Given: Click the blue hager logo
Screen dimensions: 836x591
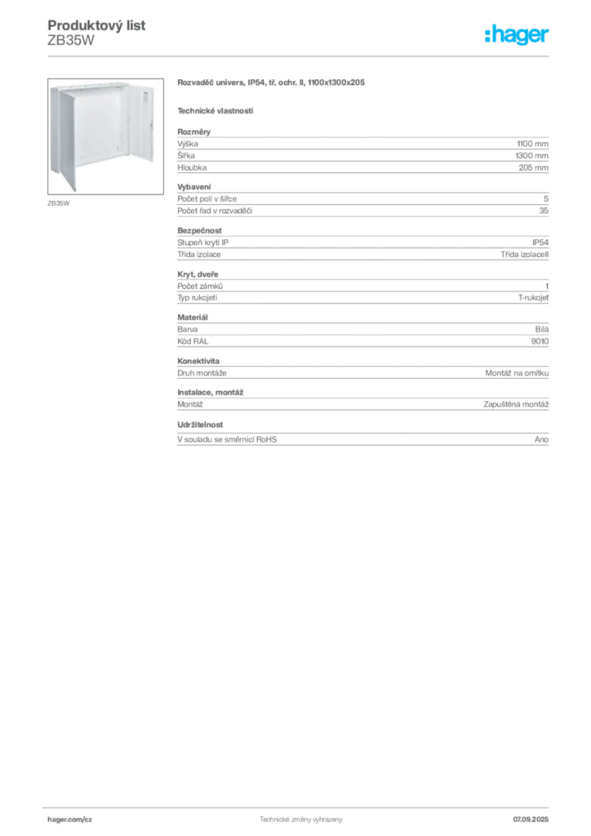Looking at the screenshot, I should pyautogui.click(x=518, y=35).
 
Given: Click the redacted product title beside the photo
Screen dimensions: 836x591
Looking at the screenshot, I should pyautogui.click(x=270, y=83).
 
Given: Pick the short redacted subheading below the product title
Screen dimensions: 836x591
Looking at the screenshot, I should pyautogui.click(x=216, y=110).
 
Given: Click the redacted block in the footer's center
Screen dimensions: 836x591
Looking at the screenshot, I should pyautogui.click(x=298, y=818).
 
